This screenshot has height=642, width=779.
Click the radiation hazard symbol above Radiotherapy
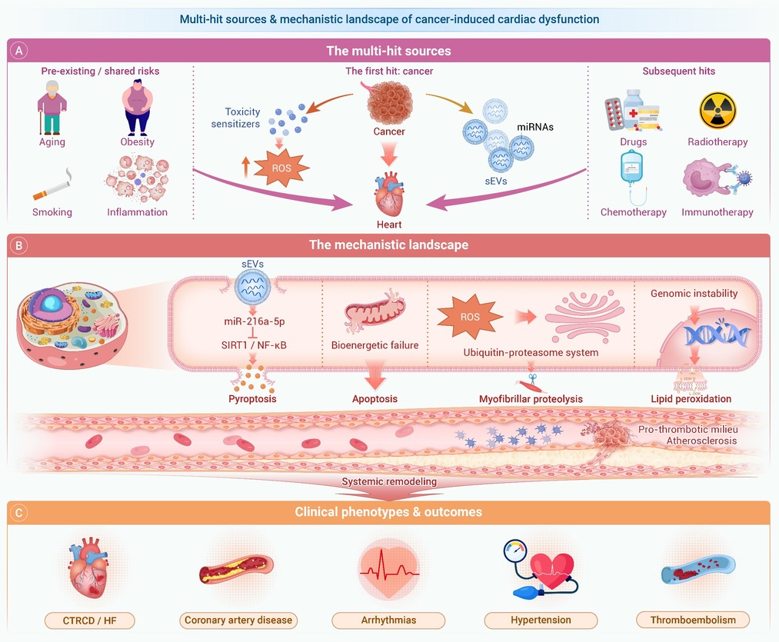(717, 110)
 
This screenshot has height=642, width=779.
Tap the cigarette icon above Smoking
(52, 185)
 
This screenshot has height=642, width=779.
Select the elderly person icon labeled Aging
(52, 108)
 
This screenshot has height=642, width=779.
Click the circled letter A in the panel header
(19, 51)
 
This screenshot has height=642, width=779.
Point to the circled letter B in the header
(19, 245)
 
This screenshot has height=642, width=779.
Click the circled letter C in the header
(19, 512)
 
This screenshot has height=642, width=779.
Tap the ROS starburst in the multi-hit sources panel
(281, 168)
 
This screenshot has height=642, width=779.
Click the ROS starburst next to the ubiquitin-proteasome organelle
(470, 317)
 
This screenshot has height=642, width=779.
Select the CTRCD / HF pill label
(89, 620)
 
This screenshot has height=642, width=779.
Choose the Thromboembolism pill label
(693, 620)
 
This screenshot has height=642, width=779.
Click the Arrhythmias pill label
(388, 620)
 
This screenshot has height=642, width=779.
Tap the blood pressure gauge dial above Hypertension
(514, 551)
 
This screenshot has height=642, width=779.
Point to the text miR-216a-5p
(254, 321)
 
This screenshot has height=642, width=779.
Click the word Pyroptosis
(252, 398)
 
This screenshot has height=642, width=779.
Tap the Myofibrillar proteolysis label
(531, 399)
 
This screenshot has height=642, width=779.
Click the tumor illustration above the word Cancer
(389, 102)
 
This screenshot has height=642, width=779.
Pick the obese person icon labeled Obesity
(137, 108)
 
